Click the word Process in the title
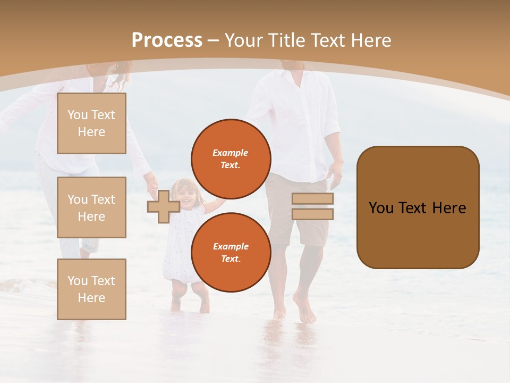pyautogui.click(x=167, y=40)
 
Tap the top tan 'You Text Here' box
pyautogui.click(x=91, y=123)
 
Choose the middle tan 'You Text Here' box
pyautogui.click(x=91, y=207)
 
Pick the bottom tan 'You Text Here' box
pyautogui.click(x=91, y=289)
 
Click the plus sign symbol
pyautogui.click(x=163, y=206)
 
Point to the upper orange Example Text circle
pyautogui.click(x=231, y=159)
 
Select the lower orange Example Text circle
pyautogui.click(x=231, y=252)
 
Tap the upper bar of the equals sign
pyautogui.click(x=312, y=198)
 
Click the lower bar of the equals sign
pyautogui.click(x=312, y=214)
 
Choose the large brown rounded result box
pyautogui.click(x=418, y=207)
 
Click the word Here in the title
pyautogui.click(x=371, y=40)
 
